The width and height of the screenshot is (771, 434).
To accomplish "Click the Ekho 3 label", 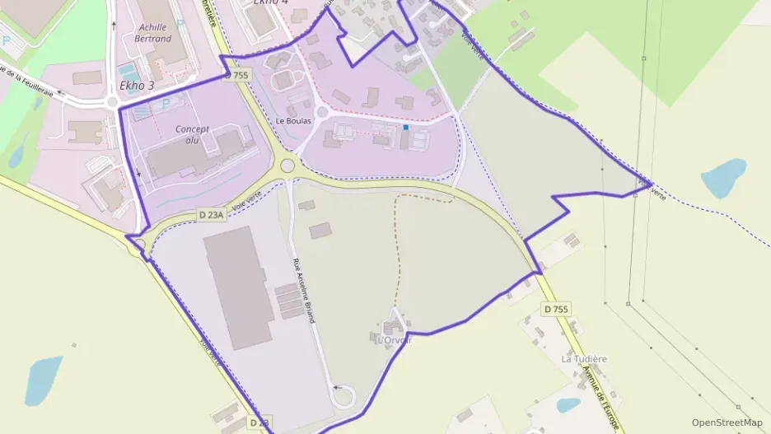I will point(137,85).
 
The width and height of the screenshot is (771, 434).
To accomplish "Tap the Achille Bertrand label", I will point(154,32).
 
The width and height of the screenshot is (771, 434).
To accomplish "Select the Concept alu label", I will point(192,134).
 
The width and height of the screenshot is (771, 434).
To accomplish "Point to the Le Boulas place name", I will point(293,121).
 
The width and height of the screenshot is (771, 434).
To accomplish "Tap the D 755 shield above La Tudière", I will point(556,309).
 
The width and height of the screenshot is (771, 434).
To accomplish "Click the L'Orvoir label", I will point(393,338).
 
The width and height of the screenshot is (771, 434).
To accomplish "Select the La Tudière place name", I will point(584,359).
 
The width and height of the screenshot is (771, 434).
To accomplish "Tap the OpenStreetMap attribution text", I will point(727,422).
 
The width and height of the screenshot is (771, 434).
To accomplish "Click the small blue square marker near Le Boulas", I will point(405,127).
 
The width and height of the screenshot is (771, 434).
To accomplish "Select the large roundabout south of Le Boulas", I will point(287,166).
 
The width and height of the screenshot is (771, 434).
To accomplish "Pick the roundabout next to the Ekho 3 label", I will point(113,102).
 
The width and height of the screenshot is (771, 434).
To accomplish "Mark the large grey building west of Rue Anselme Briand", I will point(238,287).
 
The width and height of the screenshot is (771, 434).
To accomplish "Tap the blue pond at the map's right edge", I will point(723,178).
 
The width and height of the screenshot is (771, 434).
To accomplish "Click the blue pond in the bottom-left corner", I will point(44,380).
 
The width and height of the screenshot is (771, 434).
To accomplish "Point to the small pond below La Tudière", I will point(568,405).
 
